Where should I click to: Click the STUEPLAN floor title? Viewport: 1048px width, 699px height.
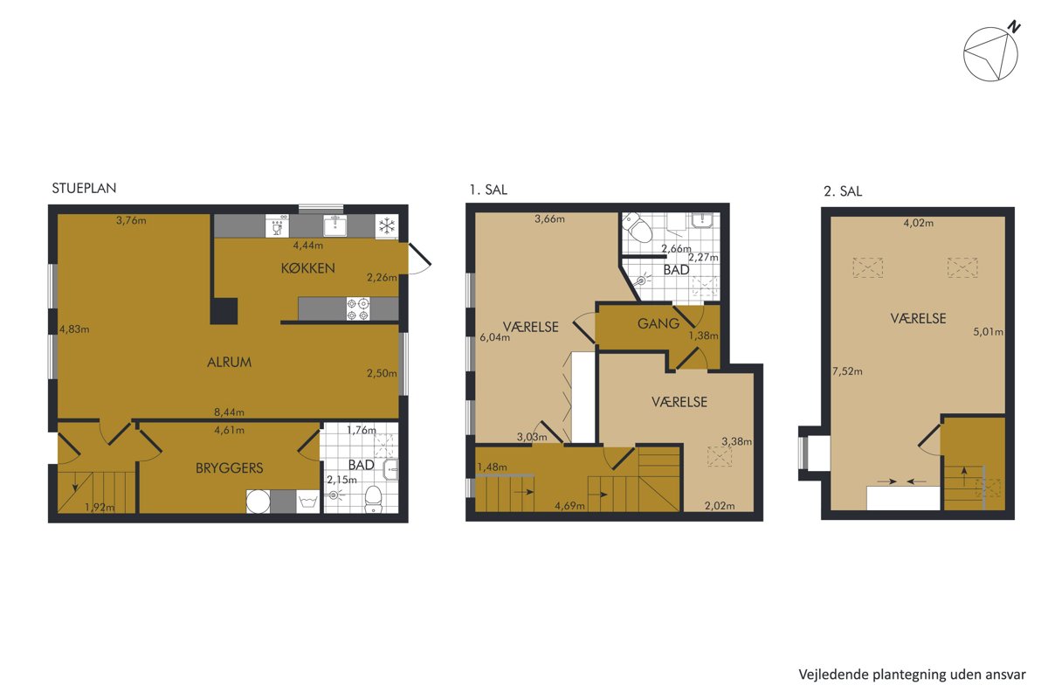(84, 188)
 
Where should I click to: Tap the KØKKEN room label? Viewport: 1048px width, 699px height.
(307, 268)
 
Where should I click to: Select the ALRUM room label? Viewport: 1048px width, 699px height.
(229, 362)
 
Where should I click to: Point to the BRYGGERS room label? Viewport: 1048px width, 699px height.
(229, 467)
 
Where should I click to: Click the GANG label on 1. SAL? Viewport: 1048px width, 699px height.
(658, 323)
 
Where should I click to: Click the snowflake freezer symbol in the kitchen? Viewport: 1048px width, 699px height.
(387, 226)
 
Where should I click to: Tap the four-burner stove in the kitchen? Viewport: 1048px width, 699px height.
(358, 309)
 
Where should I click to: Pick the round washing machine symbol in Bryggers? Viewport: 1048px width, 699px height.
(259, 502)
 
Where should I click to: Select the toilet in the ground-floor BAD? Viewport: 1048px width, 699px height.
(373, 500)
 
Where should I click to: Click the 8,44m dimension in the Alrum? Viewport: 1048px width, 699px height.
(229, 412)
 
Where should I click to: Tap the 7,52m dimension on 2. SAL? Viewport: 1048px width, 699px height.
(847, 371)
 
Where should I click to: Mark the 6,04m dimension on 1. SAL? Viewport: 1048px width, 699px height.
(495, 337)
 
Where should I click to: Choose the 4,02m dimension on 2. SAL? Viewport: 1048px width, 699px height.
(919, 223)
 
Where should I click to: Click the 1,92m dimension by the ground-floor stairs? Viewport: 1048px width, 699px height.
(100, 507)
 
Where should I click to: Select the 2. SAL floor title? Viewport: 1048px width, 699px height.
(843, 191)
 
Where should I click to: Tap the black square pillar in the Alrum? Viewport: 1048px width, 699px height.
(224, 311)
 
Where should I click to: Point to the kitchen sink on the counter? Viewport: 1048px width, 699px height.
(335, 226)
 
